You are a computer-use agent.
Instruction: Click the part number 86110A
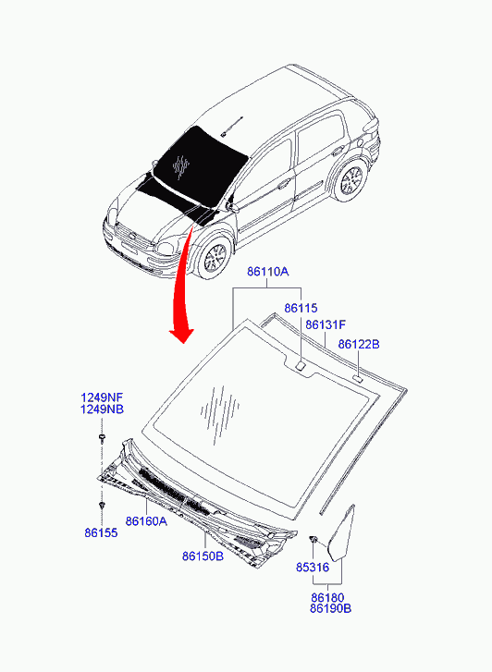click(267, 271)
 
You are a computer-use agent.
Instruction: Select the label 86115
click(301, 308)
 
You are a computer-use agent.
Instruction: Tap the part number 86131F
click(326, 324)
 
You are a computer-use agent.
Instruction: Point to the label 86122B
click(359, 344)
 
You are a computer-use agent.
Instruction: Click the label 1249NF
click(101, 397)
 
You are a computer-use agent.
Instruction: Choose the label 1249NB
click(102, 409)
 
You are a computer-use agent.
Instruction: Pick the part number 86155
click(101, 532)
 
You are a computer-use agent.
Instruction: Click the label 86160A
click(146, 521)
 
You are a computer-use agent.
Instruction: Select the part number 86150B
click(203, 556)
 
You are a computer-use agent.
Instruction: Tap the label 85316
click(313, 567)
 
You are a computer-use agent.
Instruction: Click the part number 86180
click(327, 597)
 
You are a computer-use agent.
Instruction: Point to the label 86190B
click(331, 608)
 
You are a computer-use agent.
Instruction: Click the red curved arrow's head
click(182, 336)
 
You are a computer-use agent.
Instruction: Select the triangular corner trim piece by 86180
click(341, 532)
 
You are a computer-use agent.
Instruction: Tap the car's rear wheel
click(351, 180)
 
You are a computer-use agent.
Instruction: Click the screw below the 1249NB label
click(102, 438)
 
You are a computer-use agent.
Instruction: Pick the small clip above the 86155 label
click(102, 507)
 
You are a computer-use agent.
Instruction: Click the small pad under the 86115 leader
click(300, 365)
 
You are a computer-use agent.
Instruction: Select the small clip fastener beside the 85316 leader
click(313, 539)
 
